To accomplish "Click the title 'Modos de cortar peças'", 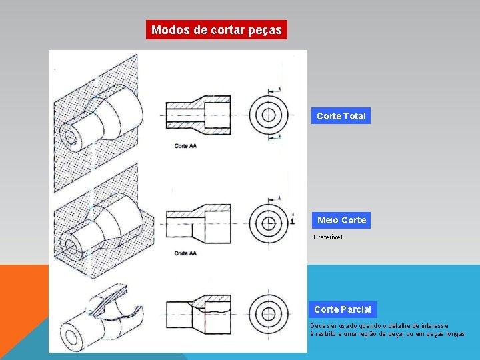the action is [x=217, y=30].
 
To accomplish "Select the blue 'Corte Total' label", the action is [x=341, y=116].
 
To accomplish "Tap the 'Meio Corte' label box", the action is [x=341, y=220].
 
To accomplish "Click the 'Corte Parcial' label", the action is [x=342, y=309].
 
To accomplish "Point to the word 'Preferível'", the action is [x=328, y=237].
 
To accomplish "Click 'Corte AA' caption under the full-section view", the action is [x=185, y=145].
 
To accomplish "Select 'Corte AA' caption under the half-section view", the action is [x=185, y=253].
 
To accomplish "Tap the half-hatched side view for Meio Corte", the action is [x=198, y=221].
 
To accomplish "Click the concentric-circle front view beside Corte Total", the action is [x=268, y=114].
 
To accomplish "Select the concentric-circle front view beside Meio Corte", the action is [x=268, y=222].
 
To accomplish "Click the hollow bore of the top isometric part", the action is [x=70, y=138].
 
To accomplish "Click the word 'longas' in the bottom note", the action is [x=454, y=334].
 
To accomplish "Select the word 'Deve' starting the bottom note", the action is [x=317, y=326].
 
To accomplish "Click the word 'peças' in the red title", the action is [x=267, y=30].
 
